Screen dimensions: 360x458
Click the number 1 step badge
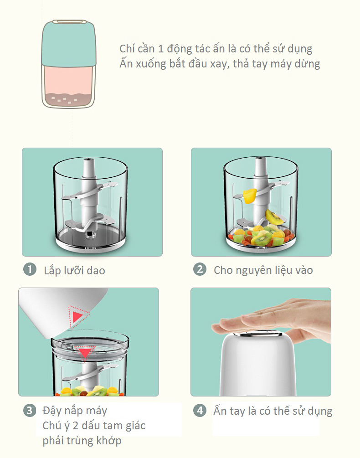(x=30, y=270)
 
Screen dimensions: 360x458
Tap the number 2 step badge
(x=200, y=269)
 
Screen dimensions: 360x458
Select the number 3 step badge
(x=30, y=411)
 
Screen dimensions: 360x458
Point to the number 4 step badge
(x=200, y=411)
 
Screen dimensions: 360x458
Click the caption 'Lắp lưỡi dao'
(x=74, y=271)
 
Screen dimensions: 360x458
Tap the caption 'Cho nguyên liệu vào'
(x=263, y=270)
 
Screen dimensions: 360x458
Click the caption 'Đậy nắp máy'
(x=75, y=411)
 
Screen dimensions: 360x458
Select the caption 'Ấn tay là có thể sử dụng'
(x=273, y=411)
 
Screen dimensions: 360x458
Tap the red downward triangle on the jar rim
(x=85, y=352)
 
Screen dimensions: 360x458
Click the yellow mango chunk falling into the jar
(x=250, y=196)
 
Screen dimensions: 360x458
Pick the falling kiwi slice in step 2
(x=274, y=217)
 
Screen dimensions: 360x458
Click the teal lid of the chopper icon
(x=69, y=44)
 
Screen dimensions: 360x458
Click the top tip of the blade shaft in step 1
(x=88, y=160)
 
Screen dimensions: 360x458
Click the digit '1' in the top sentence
(x=160, y=49)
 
